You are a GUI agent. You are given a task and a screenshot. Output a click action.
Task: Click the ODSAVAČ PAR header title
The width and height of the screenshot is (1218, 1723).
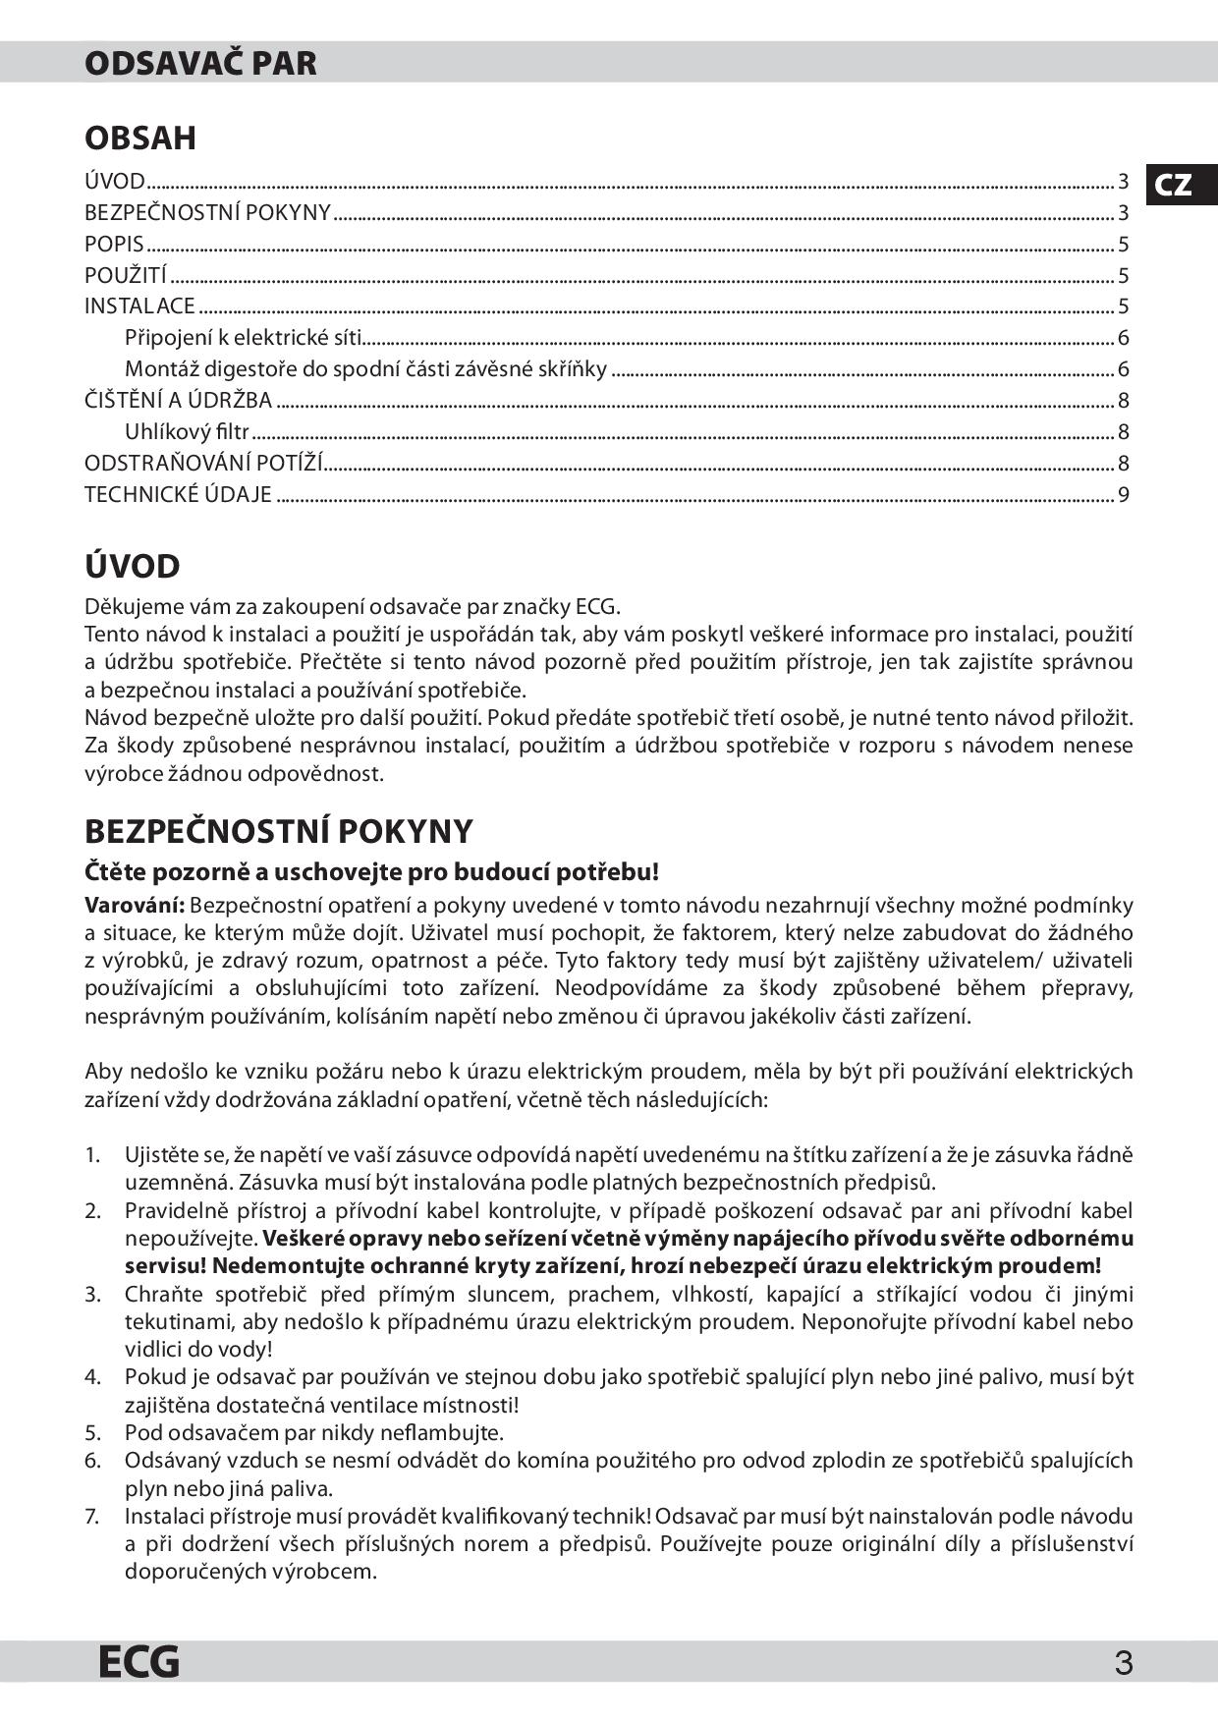[200, 63]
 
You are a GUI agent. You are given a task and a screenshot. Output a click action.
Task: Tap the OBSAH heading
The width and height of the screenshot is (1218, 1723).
[140, 138]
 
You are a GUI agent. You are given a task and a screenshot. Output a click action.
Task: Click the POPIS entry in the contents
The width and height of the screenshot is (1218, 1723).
[114, 244]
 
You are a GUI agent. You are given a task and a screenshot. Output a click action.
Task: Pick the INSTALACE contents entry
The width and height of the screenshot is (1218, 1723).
[139, 306]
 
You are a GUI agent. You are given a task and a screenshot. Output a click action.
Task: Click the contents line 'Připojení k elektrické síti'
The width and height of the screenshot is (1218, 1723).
[243, 338]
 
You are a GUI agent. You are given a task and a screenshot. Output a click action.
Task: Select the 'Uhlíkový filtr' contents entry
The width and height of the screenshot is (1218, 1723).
[187, 431]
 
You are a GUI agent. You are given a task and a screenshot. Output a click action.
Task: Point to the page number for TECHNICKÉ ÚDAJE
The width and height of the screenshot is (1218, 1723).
[1124, 494]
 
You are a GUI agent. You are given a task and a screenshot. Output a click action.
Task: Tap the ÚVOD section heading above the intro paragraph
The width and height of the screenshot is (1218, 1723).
[133, 567]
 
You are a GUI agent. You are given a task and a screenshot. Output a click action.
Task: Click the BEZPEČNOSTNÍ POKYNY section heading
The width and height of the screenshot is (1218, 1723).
[279, 831]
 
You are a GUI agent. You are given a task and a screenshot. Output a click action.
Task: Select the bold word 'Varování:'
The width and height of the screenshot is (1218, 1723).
[135, 905]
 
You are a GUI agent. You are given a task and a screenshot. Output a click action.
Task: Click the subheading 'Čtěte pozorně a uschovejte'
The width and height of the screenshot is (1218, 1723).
[371, 871]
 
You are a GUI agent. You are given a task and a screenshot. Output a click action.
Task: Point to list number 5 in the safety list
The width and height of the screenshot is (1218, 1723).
[92, 1432]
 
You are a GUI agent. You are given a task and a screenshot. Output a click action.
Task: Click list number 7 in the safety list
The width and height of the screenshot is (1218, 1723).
[92, 1516]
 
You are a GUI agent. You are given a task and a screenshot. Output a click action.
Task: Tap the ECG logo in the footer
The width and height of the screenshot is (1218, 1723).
[138, 1661]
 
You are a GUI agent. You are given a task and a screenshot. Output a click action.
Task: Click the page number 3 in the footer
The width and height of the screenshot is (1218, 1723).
[1124, 1663]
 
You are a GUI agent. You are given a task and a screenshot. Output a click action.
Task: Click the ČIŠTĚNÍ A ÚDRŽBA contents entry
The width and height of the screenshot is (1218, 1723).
[178, 400]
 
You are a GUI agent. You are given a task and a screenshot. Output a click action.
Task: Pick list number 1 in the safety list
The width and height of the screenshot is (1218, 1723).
[92, 1154]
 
